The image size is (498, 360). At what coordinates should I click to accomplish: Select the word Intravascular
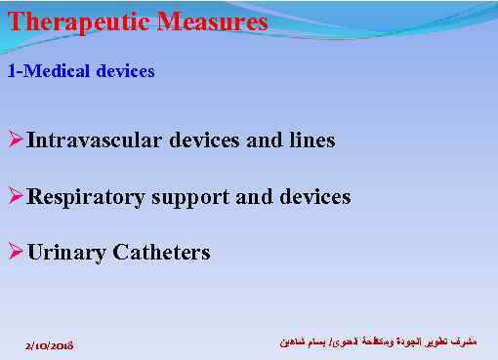[x=95, y=140]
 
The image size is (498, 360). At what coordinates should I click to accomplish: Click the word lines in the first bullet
[x=311, y=140]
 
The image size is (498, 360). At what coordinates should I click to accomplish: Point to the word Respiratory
[x=84, y=197]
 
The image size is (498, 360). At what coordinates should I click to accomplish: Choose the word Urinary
[x=67, y=254]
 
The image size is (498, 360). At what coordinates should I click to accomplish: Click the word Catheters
[x=162, y=254]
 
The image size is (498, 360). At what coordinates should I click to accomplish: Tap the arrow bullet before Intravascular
[x=16, y=140]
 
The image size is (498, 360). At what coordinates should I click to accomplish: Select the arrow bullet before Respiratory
[x=16, y=197]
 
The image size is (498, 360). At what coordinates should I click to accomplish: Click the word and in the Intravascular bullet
[x=265, y=140]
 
